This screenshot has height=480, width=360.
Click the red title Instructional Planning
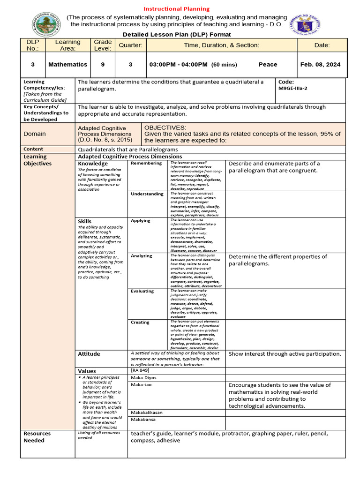pos(176,9)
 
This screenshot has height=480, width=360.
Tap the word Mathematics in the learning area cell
pos(67,65)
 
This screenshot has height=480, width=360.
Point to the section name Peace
pos(268,65)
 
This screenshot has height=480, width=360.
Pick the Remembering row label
pos(147,163)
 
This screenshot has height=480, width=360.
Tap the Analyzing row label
pos(142,256)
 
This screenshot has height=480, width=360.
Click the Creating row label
pos(140,322)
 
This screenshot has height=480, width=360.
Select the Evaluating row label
pos(142,291)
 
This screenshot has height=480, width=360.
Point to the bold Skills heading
pos(85,221)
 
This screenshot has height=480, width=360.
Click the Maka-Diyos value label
pos(144,377)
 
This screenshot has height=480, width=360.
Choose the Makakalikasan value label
pos(147,412)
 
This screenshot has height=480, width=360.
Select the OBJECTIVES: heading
pos(165,127)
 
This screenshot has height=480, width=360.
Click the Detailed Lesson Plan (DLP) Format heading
pos(177,35)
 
